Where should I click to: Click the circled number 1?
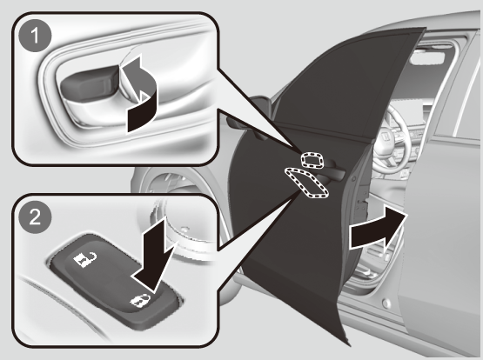click(x=35, y=36)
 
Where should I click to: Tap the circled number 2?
click(x=35, y=217)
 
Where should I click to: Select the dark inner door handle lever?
click(x=90, y=83)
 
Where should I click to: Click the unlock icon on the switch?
click(x=84, y=259)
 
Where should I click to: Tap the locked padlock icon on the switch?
click(x=140, y=301)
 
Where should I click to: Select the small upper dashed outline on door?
click(x=312, y=160)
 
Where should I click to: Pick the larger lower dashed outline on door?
click(x=305, y=183)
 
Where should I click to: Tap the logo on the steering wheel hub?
click(x=385, y=136)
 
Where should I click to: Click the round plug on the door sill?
click(x=386, y=303)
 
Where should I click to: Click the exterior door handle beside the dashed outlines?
click(x=332, y=170)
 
